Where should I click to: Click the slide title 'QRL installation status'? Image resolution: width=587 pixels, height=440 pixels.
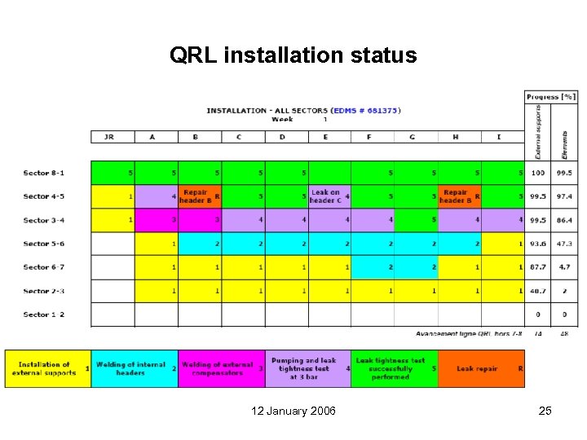pos(293,55)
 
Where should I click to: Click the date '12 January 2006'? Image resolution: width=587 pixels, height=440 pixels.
pos(293,411)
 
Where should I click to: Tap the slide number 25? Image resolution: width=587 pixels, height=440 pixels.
pos(545,411)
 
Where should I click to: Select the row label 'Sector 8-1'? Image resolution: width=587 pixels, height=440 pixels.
pos(44,173)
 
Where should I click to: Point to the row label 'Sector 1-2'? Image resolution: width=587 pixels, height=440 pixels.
pos(44,315)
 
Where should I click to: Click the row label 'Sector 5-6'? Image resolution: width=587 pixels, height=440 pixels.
pos(44,244)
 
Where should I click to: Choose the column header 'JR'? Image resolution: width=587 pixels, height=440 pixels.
pos(109,137)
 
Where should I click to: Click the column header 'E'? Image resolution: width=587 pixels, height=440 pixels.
pos(325,137)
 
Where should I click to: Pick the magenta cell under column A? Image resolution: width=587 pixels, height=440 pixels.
pos(156,220)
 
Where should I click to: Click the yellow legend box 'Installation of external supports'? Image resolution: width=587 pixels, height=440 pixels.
pos(48,369)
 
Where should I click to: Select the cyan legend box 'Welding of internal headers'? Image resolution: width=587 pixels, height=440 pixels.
pos(135,369)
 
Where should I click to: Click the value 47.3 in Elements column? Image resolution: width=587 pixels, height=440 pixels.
pos(564,244)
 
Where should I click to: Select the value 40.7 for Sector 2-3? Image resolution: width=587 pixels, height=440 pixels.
pos(537,291)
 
